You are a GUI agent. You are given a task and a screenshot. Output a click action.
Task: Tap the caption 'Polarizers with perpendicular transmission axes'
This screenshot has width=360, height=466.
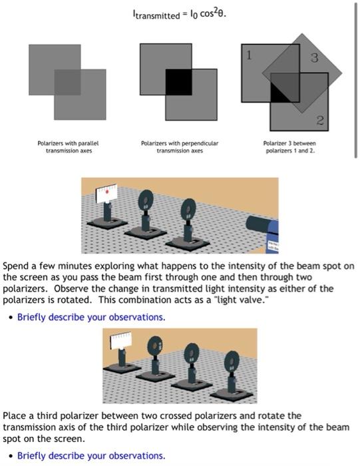coord(178,146)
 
